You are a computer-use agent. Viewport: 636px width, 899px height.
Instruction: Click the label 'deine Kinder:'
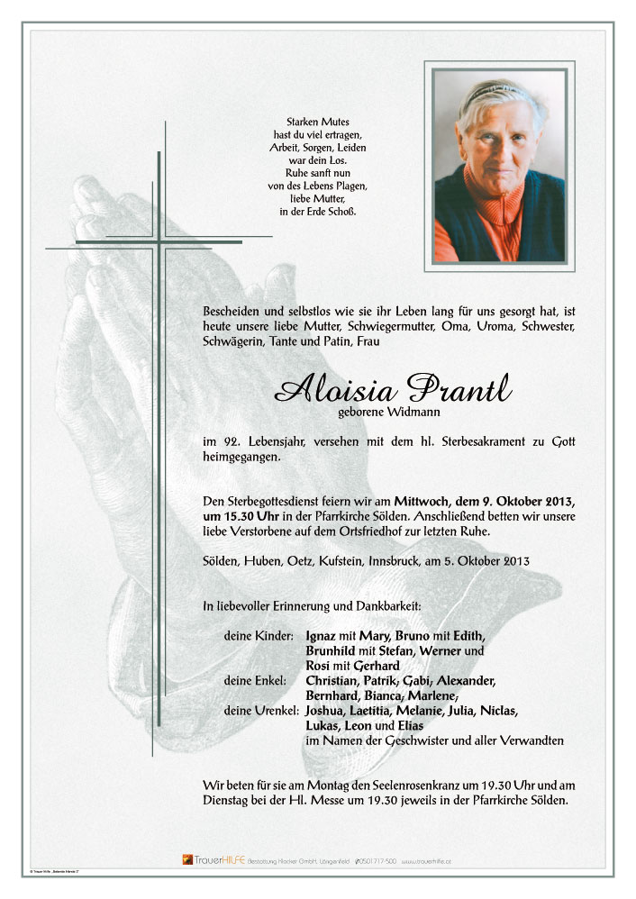coord(259,635)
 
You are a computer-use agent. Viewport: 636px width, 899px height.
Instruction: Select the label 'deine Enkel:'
coord(255,680)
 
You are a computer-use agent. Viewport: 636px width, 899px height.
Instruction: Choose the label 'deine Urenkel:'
coord(261,711)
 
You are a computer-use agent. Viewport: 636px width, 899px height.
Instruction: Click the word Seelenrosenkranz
coord(405,785)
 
